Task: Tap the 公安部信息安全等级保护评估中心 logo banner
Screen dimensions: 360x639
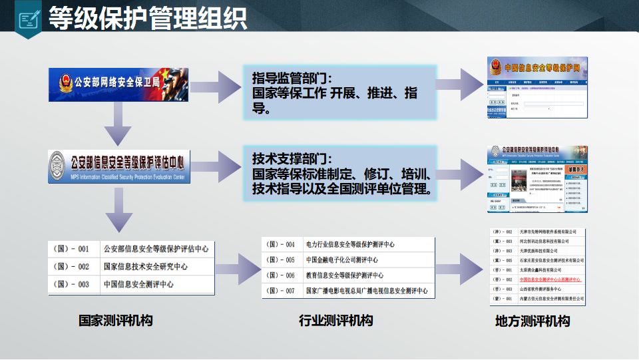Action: pos(119,166)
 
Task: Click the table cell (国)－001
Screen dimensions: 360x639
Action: pos(74,250)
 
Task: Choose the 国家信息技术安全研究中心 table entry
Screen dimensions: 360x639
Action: pos(145,267)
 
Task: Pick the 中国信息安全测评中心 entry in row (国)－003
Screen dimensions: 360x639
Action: pos(138,284)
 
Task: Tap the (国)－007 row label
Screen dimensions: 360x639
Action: pos(280,291)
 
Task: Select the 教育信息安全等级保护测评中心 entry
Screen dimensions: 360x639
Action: pos(345,275)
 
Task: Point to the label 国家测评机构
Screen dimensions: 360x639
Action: pos(116,321)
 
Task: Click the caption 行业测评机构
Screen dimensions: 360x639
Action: pos(336,320)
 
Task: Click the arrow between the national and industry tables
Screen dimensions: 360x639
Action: pos(238,270)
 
